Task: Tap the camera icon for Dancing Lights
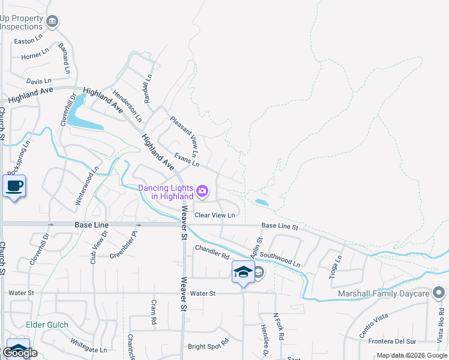[x=202, y=192]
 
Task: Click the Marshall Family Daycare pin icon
[x=439, y=293]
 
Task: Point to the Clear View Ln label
[x=214, y=215]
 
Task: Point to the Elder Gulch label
[x=47, y=325]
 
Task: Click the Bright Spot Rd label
[x=208, y=346]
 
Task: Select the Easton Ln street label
[x=31, y=40]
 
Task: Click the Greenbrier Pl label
[x=124, y=248]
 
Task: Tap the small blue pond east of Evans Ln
[x=262, y=202]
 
